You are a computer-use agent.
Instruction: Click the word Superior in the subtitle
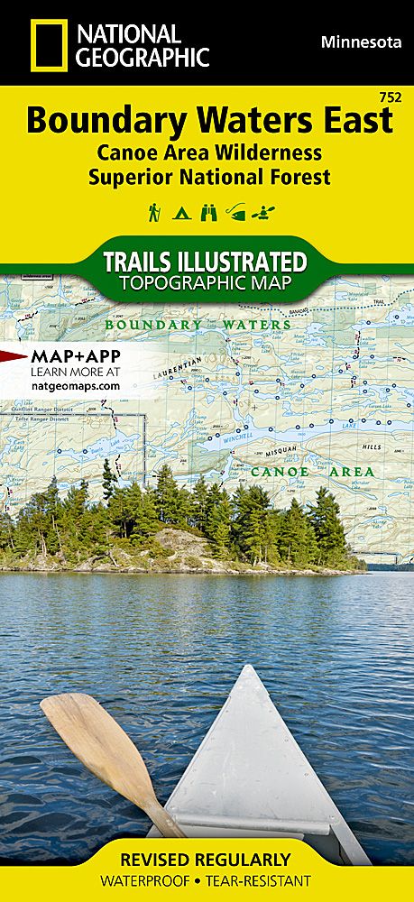[129, 177]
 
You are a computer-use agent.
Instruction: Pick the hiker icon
[153, 213]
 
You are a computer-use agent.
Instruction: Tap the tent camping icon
[181, 214]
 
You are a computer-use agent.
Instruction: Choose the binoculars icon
[207, 214]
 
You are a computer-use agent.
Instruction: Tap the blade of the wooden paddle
[86, 731]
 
